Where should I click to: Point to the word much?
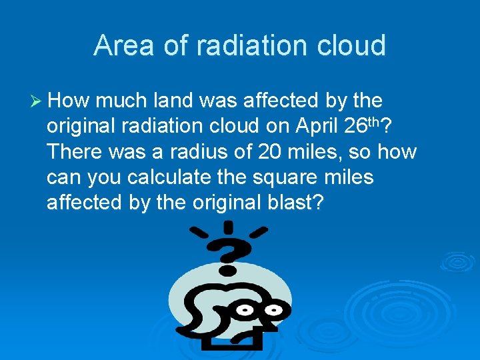123,101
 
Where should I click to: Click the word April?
318,126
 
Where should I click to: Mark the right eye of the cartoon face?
273,310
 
